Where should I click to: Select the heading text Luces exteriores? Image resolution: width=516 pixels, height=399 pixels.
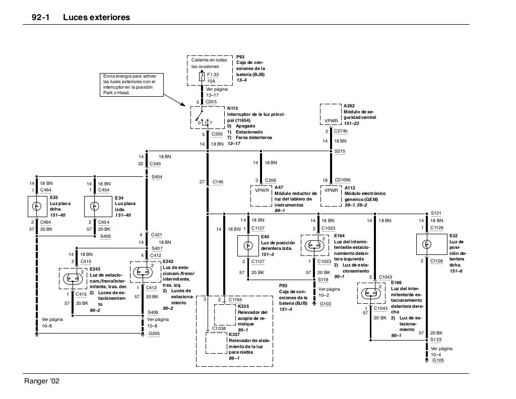[96, 18]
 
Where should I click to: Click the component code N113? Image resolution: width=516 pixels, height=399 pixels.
[232, 108]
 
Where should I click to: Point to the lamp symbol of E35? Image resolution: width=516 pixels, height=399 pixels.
[36, 206]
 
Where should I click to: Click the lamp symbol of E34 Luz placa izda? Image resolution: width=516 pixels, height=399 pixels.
[94, 206]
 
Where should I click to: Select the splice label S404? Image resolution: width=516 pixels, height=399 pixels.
[156, 177]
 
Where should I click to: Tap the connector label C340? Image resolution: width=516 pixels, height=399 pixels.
[155, 164]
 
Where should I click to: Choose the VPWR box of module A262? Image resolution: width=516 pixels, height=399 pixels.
[331, 121]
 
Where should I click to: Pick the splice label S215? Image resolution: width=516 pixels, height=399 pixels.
[340, 151]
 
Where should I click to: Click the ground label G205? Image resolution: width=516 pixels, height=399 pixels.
[154, 334]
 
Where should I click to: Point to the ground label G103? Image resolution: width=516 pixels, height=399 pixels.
[326, 304]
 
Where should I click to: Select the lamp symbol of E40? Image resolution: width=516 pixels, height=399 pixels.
[248, 245]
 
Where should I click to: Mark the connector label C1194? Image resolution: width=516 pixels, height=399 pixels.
[235, 300]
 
